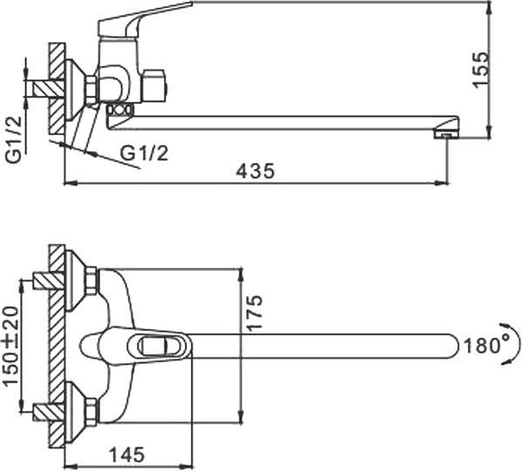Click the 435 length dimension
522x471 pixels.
tap(255, 172)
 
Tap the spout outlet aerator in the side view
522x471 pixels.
tap(444, 134)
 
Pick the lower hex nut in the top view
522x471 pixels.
tap(91, 409)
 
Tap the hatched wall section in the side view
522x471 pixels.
tap(58, 91)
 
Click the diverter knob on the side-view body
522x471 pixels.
tap(156, 86)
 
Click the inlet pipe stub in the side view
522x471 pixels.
tap(38, 87)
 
